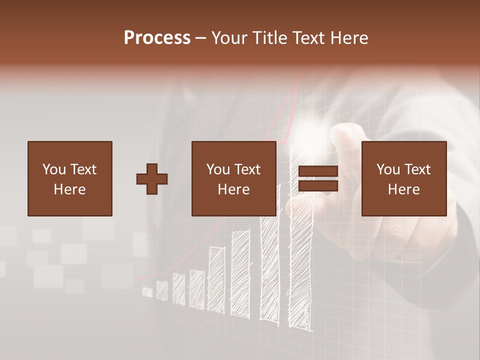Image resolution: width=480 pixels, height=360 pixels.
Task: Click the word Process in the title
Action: pos(157,38)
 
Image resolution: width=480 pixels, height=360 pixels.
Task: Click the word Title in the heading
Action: pos(271,38)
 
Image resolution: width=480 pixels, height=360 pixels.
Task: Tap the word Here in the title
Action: pos(350,38)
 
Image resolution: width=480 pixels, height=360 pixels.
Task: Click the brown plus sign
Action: pos(152,179)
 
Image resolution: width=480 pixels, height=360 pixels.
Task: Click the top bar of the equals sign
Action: pos(318,172)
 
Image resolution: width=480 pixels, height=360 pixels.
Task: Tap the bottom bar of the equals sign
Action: pos(318,186)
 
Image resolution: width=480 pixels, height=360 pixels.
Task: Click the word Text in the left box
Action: pos(82,169)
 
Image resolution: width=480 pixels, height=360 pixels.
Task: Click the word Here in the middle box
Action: pos(233,189)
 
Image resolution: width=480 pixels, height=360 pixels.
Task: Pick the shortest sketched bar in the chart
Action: pos(147,292)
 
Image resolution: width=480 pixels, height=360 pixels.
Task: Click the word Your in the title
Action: pos(229,38)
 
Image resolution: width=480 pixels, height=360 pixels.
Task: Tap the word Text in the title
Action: pos(308,38)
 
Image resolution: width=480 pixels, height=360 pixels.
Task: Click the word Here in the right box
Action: pos(403,189)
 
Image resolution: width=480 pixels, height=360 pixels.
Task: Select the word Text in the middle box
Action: pos(246,169)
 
